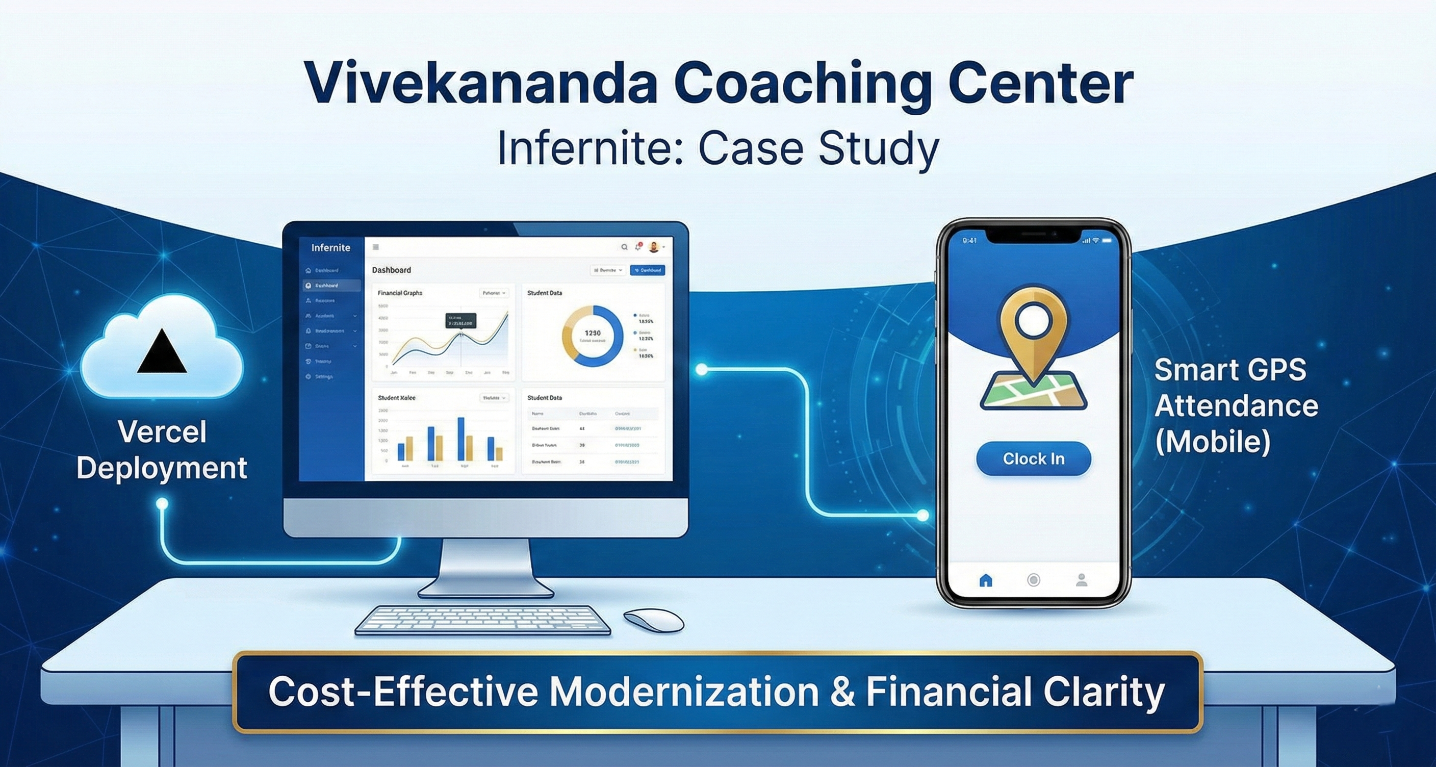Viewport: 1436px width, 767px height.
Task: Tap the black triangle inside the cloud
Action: [x=162, y=351]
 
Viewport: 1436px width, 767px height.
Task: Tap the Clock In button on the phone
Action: [x=1033, y=459]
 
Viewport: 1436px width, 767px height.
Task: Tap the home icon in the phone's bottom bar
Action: [x=986, y=580]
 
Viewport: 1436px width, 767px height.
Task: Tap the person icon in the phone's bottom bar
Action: [x=1082, y=580]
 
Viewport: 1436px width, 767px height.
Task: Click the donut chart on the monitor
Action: [x=592, y=336]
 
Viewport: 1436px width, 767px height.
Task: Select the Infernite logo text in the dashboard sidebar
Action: [x=330, y=247]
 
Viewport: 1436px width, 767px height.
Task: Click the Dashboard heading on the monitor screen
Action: [x=391, y=270]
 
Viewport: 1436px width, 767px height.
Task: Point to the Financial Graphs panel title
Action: [x=400, y=293]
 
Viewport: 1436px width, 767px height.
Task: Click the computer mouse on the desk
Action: [x=653, y=619]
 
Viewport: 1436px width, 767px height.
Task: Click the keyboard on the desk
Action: [x=482, y=620]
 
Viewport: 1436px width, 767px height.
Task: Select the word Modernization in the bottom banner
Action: [x=684, y=692]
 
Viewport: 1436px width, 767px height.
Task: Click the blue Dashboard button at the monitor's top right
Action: [x=647, y=270]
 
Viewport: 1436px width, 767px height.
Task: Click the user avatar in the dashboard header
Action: [x=654, y=247]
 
